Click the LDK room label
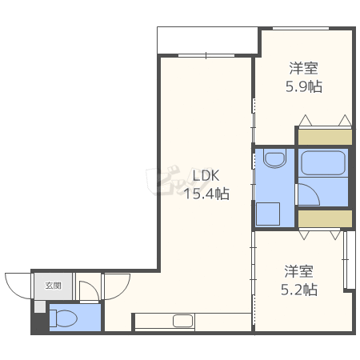206,176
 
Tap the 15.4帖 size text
206,194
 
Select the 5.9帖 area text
304,86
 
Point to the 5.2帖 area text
299,290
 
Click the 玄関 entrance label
54,286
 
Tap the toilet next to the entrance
63,318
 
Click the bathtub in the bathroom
323,163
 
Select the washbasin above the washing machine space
274,158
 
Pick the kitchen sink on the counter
182,321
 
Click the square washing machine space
268,214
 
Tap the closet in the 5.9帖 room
325,137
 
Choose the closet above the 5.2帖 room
325,218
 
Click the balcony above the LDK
207,40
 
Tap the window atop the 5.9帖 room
301,28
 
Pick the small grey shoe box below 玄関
40,307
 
